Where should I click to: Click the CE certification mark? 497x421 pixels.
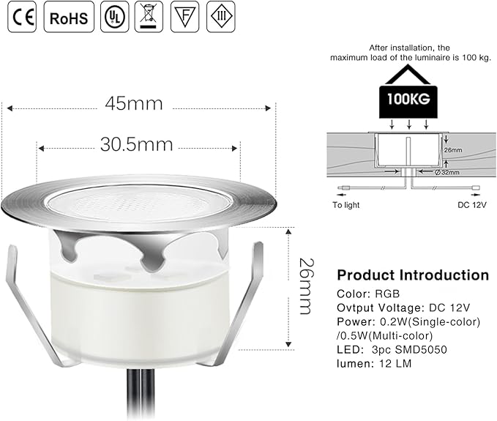pyautogui.click(x=22, y=17)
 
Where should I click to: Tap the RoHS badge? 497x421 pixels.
pyautogui.click(x=69, y=17)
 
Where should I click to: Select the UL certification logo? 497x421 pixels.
pyautogui.click(x=114, y=17)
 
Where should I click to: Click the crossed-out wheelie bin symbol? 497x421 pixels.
pyautogui.click(x=149, y=17)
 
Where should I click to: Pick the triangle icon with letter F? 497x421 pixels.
pyautogui.click(x=184, y=17)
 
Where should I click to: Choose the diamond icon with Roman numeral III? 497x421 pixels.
pyautogui.click(x=221, y=17)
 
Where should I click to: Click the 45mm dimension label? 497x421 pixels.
pyautogui.click(x=134, y=104)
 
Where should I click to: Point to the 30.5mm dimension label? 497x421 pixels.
pyautogui.click(x=137, y=144)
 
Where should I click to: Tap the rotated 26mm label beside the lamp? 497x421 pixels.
pyautogui.click(x=307, y=286)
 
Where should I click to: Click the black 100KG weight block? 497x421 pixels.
pyautogui.click(x=408, y=102)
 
